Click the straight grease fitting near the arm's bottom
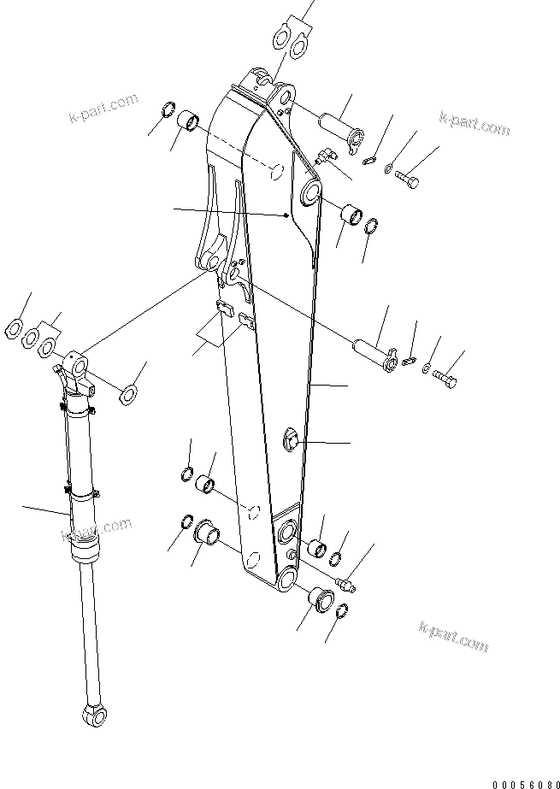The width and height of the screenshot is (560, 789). coord(347,584)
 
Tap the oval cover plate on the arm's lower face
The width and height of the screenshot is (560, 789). coord(291,441)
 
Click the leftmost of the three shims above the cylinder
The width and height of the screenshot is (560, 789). coord(16,326)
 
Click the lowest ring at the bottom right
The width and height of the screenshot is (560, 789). coord(340,611)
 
